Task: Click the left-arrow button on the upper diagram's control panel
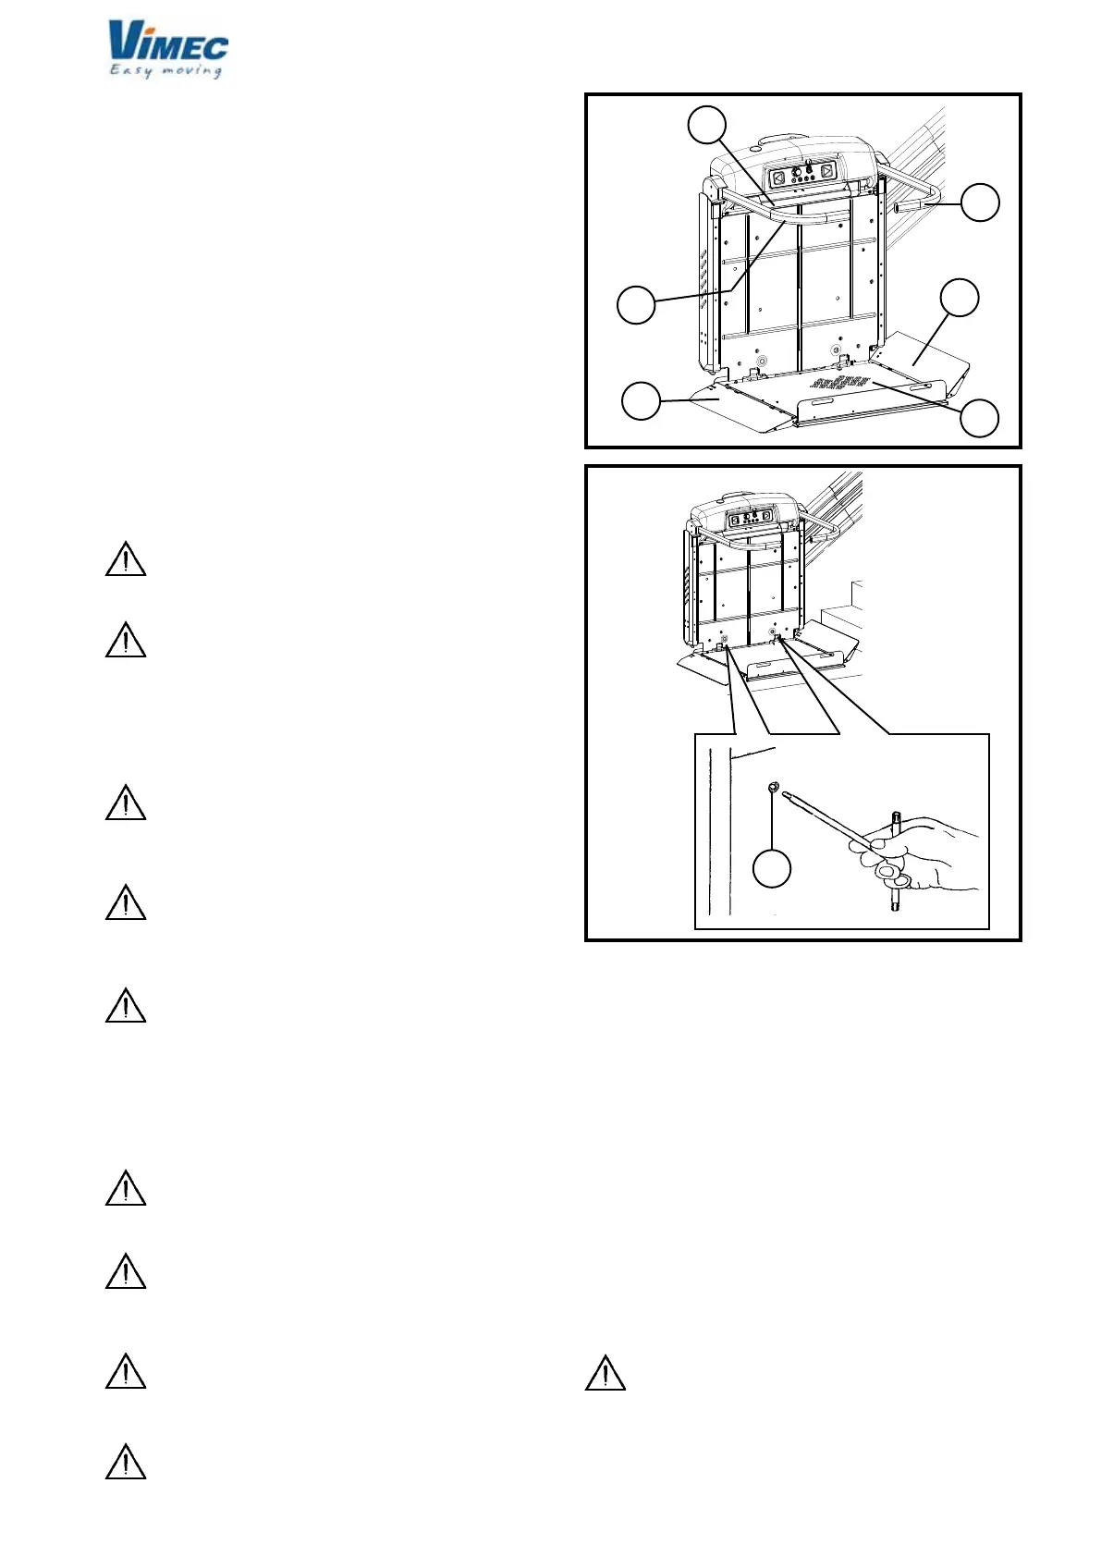[778, 178]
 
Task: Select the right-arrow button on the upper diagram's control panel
[826, 172]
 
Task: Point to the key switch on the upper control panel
[808, 167]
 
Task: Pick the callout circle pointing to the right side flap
[959, 298]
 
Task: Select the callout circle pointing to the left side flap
[641, 401]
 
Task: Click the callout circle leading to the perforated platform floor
[979, 417]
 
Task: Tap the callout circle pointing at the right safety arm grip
[980, 202]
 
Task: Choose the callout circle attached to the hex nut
[772, 869]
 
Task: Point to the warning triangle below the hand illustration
[606, 1373]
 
